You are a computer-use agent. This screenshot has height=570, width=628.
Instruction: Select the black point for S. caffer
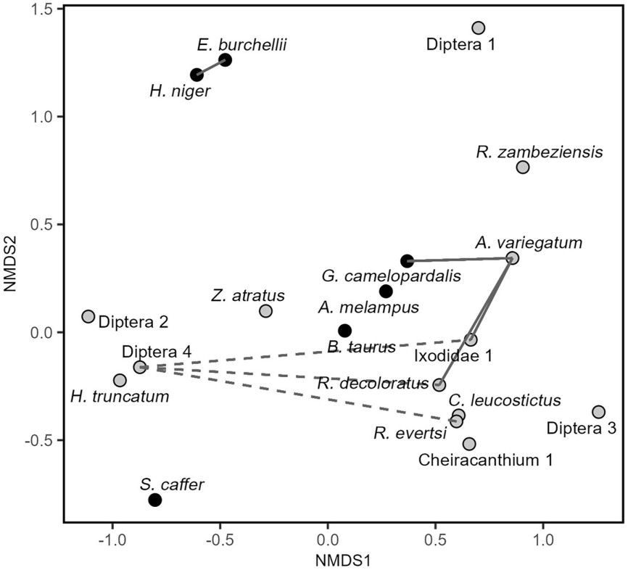tap(154, 500)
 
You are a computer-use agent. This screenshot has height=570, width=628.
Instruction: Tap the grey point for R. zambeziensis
tap(523, 168)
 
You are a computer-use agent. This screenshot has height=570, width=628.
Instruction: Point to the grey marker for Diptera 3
tap(598, 412)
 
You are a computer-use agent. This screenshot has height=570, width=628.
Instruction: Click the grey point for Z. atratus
tap(265, 311)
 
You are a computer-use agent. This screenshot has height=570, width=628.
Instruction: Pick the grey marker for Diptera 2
tap(88, 316)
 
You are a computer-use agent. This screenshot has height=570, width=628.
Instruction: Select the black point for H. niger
tap(197, 75)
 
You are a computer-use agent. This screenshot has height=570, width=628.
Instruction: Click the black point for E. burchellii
tap(226, 59)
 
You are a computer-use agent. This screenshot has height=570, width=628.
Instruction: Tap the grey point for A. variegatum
tap(513, 258)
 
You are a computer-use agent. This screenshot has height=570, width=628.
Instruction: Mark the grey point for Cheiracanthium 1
tap(469, 443)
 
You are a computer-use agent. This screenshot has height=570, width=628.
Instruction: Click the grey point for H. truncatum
tap(120, 380)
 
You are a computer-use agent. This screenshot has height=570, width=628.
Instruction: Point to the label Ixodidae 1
tap(453, 356)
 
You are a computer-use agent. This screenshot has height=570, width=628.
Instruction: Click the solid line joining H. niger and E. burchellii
tap(211, 67)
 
